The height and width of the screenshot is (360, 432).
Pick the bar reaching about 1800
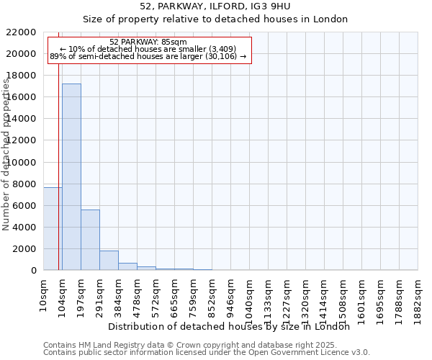[x=109, y=260]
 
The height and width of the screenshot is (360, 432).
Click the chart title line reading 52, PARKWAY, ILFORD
[x=215, y=6]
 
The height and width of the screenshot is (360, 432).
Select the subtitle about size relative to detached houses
[x=215, y=19]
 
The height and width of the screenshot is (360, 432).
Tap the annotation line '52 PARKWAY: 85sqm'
[x=148, y=42]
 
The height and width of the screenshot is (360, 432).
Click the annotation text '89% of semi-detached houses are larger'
[x=148, y=56]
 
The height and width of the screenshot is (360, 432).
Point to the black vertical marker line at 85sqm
[x=58, y=144]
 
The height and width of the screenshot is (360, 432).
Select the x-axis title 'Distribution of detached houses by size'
[x=233, y=326]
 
